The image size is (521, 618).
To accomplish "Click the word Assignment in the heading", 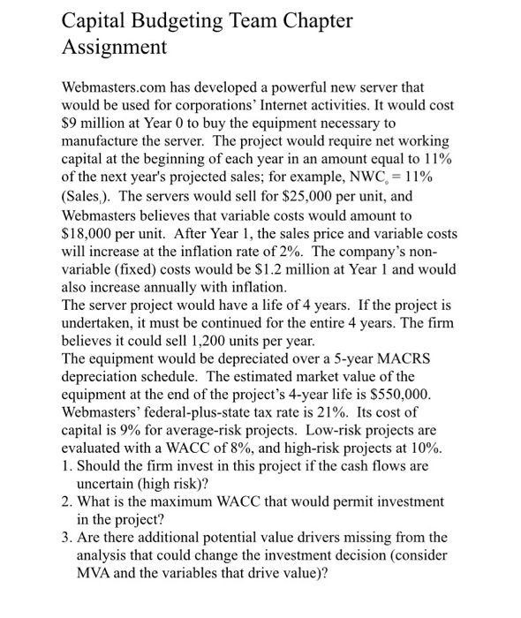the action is click(x=114, y=47).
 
